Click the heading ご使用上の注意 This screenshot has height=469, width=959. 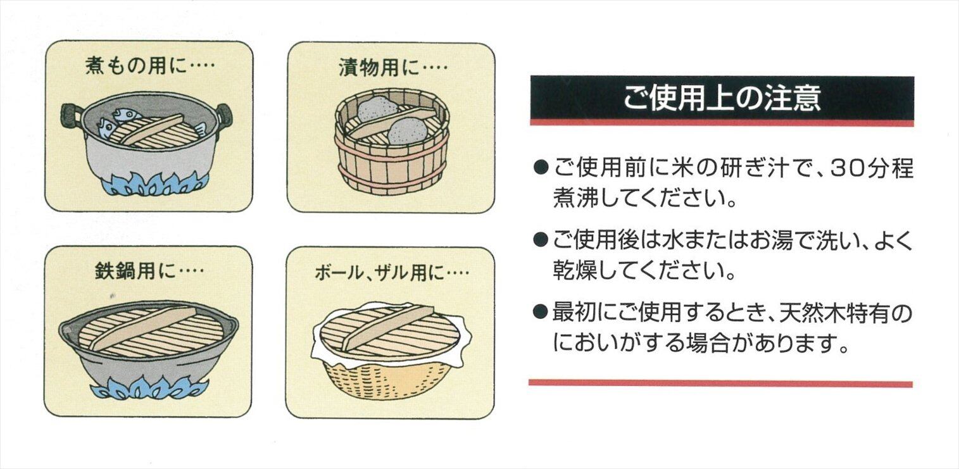(x=722, y=98)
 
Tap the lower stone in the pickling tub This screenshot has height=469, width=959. (x=407, y=132)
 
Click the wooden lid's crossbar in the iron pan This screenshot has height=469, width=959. (x=144, y=328)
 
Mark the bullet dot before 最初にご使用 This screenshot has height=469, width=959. (x=541, y=311)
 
